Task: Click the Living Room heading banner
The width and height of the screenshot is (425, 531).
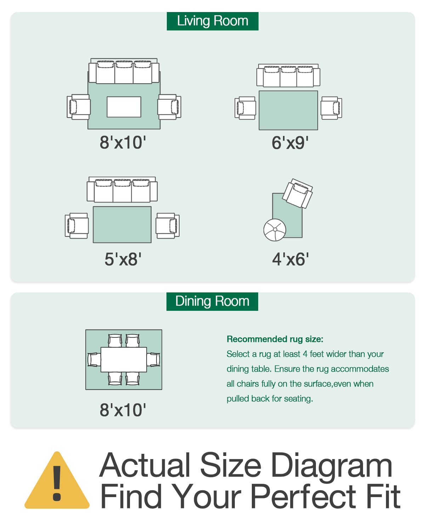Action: click(x=212, y=21)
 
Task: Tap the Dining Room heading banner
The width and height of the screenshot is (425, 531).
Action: click(x=212, y=302)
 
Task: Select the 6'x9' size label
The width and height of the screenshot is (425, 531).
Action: click(x=290, y=143)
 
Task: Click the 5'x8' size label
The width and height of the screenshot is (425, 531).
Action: click(x=123, y=259)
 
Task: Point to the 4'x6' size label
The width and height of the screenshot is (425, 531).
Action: click(x=290, y=259)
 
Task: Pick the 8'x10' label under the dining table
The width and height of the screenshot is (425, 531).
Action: click(x=123, y=410)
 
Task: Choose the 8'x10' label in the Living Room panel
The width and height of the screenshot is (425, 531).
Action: click(x=123, y=143)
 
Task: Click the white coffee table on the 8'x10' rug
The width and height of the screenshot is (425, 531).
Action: click(x=124, y=107)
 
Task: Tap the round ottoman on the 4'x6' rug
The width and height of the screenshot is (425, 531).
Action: click(x=274, y=230)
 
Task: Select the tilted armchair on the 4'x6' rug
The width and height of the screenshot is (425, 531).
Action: click(x=297, y=193)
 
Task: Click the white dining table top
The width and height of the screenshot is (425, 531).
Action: click(x=124, y=360)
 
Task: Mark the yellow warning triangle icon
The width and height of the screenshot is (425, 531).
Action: click(x=57, y=480)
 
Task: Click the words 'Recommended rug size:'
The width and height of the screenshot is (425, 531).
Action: click(x=275, y=339)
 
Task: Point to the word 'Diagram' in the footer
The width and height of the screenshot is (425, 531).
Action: click(x=331, y=466)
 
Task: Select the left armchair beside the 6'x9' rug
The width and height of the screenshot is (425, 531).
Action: click(x=245, y=108)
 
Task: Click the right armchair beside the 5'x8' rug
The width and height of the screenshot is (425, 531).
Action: click(x=168, y=226)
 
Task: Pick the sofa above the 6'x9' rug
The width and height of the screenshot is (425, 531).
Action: click(x=288, y=75)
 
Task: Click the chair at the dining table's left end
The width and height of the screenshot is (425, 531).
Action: click(x=94, y=360)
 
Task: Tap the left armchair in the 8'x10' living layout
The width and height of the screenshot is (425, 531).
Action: click(x=79, y=107)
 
